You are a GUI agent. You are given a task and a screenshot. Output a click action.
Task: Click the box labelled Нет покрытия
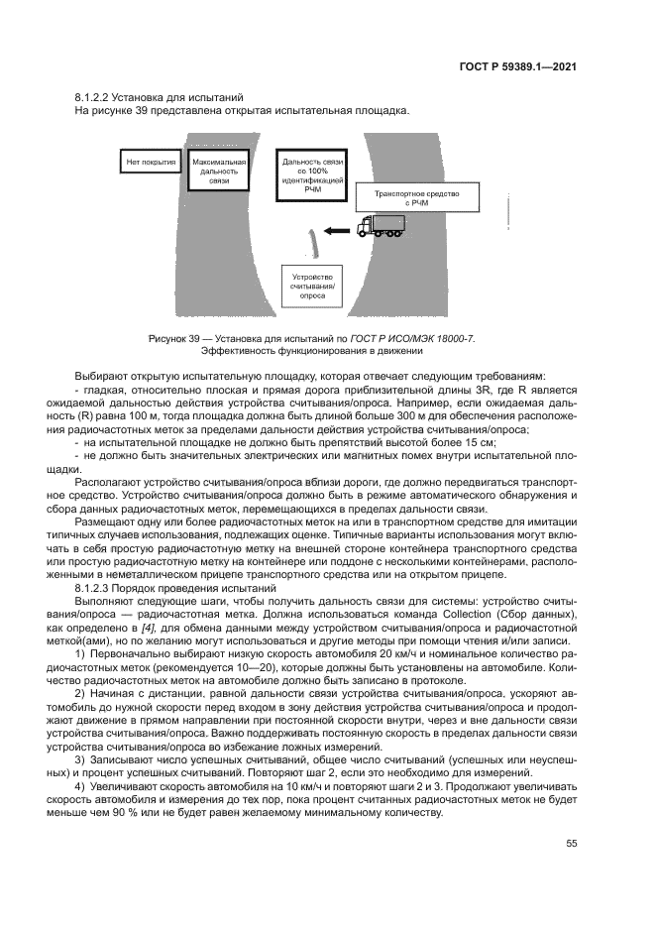coord(150,161)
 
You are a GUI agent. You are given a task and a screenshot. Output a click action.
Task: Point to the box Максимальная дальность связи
coord(219,172)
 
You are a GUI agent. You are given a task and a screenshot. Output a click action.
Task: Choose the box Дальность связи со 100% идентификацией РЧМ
coord(312,174)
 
